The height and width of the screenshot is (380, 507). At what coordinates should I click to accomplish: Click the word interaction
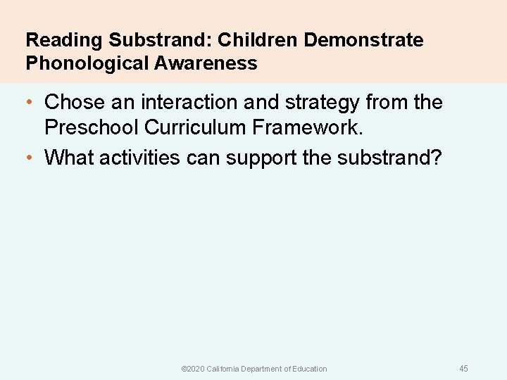pyautogui.click(x=190, y=103)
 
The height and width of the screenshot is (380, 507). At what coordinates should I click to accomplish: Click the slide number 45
pyautogui.click(x=463, y=369)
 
